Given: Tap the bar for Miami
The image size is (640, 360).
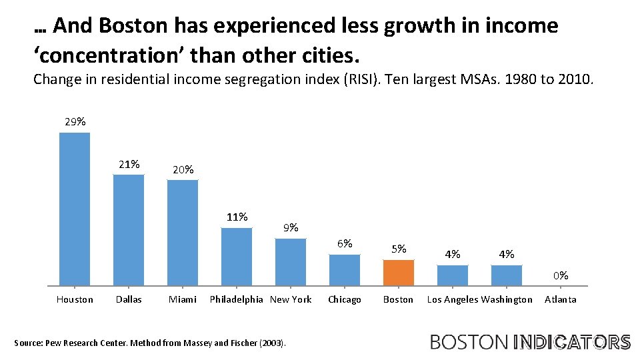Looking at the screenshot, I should [183, 232].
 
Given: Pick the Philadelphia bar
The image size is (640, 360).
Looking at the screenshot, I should [237, 257].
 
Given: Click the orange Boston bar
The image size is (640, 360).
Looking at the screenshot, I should [398, 273].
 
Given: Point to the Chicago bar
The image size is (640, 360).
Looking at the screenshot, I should [345, 270].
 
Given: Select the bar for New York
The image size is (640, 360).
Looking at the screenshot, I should [291, 262].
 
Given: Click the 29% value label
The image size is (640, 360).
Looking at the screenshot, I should [75, 122].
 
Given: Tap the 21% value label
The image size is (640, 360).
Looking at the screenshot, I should [129, 164].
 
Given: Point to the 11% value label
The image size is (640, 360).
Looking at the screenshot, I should [237, 217].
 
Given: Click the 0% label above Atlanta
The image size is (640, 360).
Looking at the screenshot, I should [560, 275].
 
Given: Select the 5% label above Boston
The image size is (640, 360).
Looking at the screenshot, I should [399, 249].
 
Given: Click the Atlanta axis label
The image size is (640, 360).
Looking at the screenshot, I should [560, 299].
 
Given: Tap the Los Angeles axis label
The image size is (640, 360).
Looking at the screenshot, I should [453, 299].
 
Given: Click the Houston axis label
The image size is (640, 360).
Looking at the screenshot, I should [75, 299].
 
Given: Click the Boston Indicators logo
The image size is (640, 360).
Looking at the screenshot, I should [530, 342].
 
